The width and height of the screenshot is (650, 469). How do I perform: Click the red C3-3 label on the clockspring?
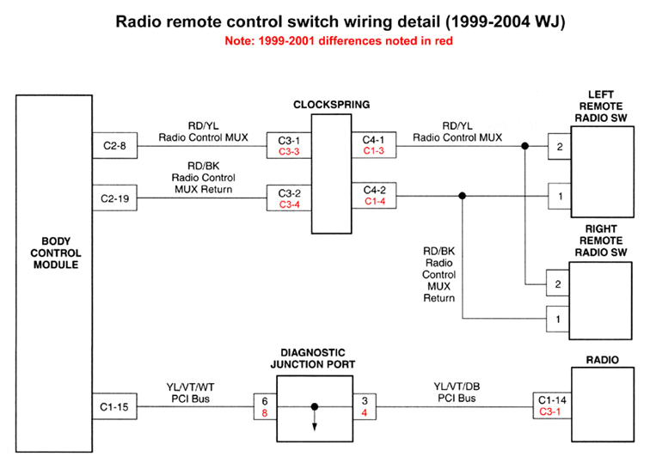(x=288, y=151)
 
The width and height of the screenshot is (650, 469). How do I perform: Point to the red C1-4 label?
(x=375, y=201)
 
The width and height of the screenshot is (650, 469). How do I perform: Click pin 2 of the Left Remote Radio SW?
(x=560, y=146)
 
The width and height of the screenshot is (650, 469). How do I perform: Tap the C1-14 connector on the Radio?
(x=550, y=399)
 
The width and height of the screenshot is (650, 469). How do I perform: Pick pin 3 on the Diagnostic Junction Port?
(x=365, y=400)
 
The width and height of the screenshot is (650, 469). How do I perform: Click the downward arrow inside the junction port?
(x=315, y=422)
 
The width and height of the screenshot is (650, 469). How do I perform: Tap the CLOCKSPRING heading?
(x=330, y=105)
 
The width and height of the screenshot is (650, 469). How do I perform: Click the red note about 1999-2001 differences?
(x=324, y=40)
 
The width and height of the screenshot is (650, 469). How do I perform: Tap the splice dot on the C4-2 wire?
(x=463, y=196)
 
